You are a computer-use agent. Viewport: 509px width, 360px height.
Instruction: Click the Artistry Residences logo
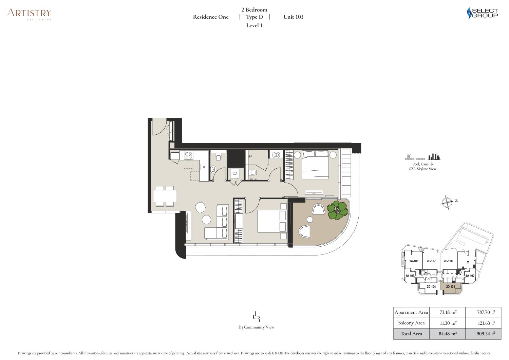(29, 14)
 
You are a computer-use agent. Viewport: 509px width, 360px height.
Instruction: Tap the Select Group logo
(482, 13)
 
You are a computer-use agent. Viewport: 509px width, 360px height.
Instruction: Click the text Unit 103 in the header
(294, 17)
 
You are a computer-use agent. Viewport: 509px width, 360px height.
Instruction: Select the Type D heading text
(254, 17)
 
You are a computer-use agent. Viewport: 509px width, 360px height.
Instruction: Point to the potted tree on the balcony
(338, 210)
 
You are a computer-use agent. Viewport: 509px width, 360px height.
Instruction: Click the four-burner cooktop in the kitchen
(189, 155)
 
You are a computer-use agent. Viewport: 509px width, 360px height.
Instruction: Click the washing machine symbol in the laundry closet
(235, 174)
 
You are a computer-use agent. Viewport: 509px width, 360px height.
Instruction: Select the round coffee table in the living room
(206, 220)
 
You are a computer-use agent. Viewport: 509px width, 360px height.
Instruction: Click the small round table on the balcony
(310, 220)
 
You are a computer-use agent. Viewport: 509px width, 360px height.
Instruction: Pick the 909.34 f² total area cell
(483, 334)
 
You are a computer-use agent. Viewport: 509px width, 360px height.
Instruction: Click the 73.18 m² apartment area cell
(447, 312)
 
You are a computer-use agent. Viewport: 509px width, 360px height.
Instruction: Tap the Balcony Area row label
(411, 323)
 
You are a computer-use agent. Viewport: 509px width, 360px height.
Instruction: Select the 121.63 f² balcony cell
(483, 323)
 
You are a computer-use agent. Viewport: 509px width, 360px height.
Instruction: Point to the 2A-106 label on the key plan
(414, 261)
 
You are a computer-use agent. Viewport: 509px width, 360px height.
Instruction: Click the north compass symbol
(447, 202)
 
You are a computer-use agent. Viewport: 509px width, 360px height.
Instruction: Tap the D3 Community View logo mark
(256, 317)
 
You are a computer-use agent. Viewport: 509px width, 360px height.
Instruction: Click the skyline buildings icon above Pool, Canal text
(434, 157)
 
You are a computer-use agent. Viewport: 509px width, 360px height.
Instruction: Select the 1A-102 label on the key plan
(470, 276)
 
